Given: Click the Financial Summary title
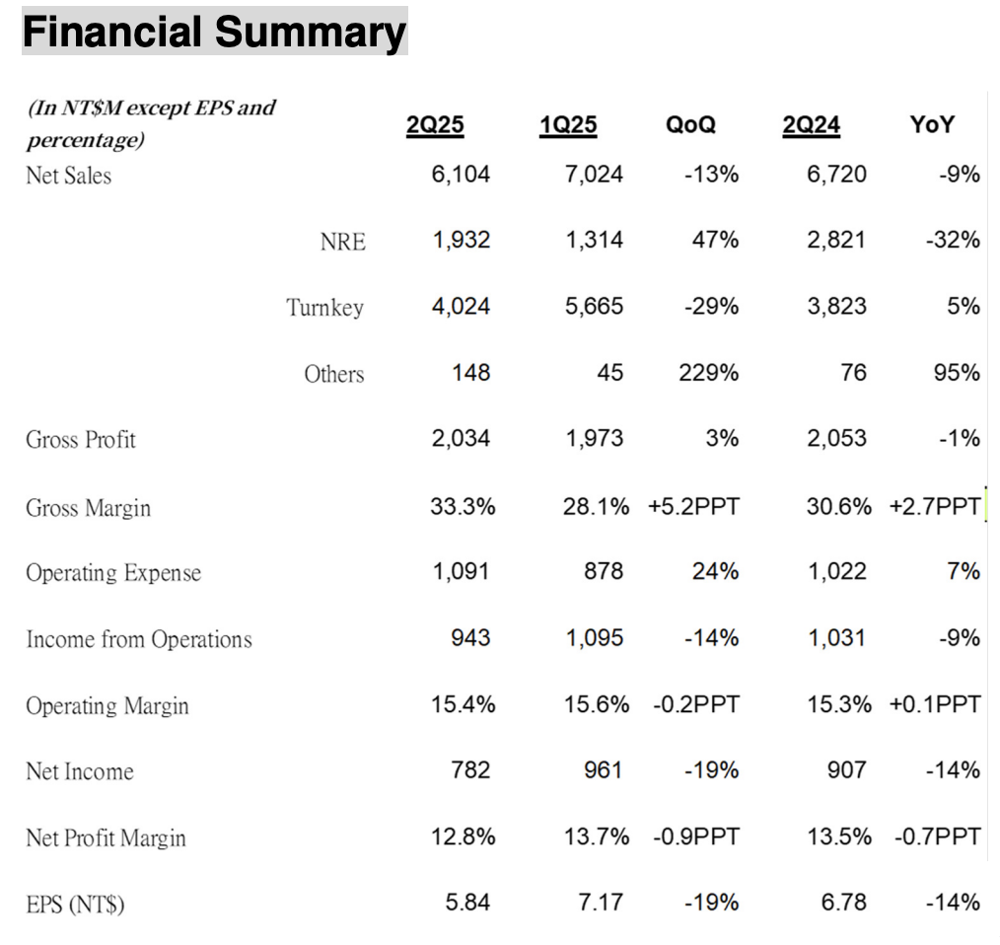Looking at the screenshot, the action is click(214, 32).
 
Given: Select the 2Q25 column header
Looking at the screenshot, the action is click(435, 124).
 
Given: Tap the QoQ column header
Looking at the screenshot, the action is click(690, 124).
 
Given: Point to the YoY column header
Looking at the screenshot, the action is click(932, 124).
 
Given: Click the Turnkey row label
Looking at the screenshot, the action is click(324, 308).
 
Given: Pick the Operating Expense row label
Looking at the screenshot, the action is click(113, 573).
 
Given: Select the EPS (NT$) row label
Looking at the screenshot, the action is click(75, 905).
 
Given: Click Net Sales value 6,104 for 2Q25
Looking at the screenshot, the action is click(461, 175).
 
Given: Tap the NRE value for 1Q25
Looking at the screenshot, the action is click(594, 240).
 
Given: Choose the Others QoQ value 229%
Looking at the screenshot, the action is click(708, 373).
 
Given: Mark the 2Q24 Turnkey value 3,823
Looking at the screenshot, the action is click(836, 306).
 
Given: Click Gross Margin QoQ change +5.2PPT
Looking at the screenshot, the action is click(694, 507).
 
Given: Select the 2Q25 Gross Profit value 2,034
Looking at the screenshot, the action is click(461, 438).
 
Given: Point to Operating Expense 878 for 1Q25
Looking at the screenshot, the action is click(604, 571).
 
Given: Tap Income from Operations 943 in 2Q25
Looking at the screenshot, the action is click(470, 638).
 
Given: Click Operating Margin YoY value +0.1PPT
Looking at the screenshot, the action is click(935, 704).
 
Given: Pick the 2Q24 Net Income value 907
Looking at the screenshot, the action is click(847, 770).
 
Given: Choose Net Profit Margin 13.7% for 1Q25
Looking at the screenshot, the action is click(597, 836).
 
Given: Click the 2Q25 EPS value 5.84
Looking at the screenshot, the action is click(467, 903).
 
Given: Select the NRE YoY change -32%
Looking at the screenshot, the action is click(953, 240).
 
